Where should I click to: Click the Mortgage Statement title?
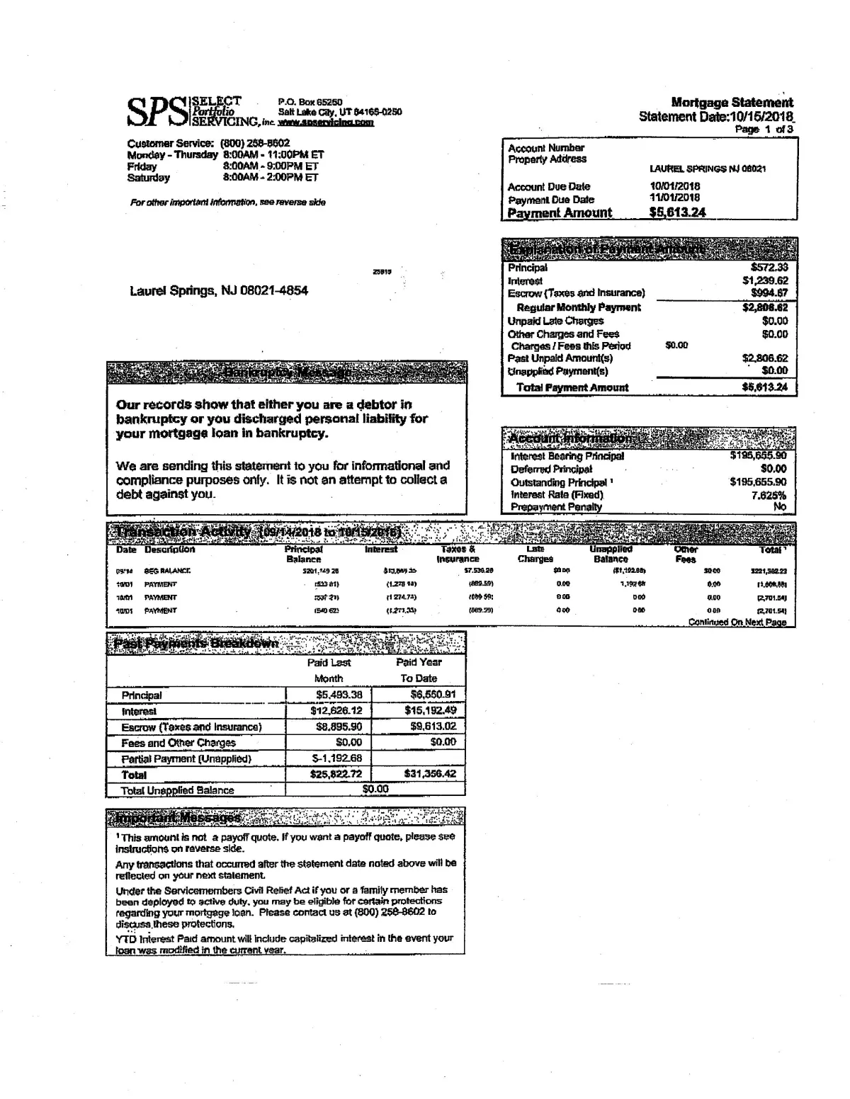click(732, 103)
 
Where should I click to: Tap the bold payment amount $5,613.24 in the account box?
click(677, 212)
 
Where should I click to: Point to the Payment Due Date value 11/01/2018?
click(674, 198)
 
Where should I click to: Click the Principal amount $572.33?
click(769, 268)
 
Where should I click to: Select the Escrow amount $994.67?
click(769, 293)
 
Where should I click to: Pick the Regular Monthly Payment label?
click(578, 307)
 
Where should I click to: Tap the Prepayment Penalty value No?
click(780, 507)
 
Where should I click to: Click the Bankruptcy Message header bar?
click(286, 372)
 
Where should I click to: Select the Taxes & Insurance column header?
click(458, 554)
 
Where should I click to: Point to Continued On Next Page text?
click(737, 622)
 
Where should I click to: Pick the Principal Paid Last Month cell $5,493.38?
click(336, 695)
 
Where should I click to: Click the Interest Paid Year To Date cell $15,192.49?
click(430, 710)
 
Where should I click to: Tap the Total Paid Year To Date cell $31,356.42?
click(430, 774)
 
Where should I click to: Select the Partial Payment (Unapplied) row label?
click(186, 759)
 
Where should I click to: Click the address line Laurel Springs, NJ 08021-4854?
click(218, 291)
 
